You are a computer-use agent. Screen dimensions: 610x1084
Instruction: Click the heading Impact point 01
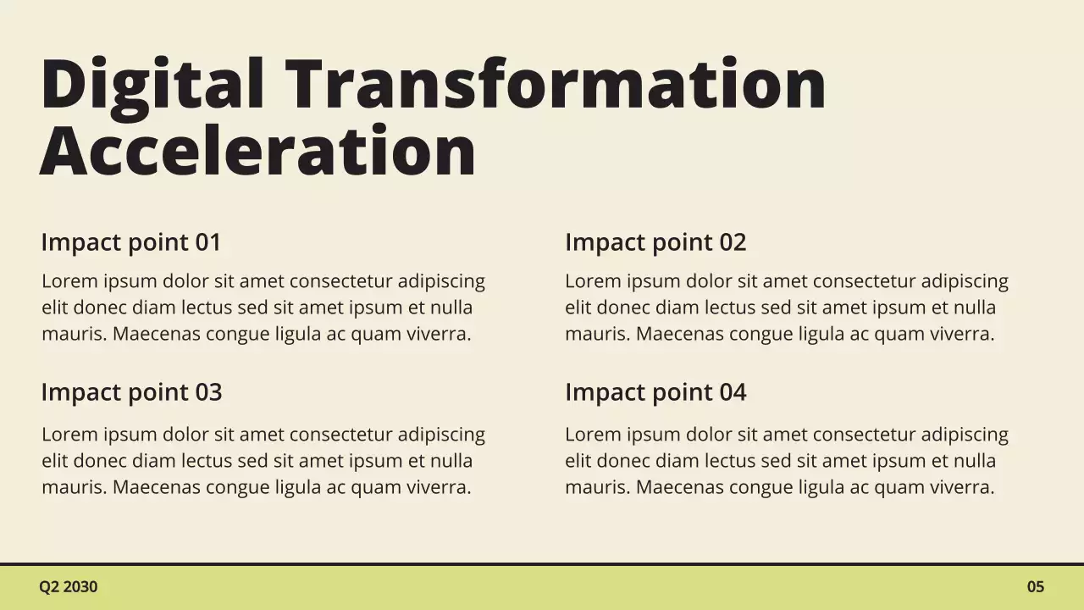(x=131, y=242)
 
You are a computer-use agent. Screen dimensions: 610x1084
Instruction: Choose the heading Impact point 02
(x=655, y=242)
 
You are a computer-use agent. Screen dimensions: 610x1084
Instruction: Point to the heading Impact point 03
(x=131, y=392)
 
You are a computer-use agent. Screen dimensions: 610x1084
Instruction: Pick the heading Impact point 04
(x=655, y=392)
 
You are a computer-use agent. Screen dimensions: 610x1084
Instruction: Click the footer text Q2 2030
(x=68, y=586)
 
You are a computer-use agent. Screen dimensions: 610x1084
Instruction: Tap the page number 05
(x=1036, y=586)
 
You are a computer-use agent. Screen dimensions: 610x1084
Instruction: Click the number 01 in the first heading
(x=208, y=242)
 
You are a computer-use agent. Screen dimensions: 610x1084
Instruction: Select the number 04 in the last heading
(x=733, y=392)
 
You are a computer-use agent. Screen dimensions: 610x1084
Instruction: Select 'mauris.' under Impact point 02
(x=598, y=334)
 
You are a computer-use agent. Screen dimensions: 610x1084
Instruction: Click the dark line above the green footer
(x=542, y=564)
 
